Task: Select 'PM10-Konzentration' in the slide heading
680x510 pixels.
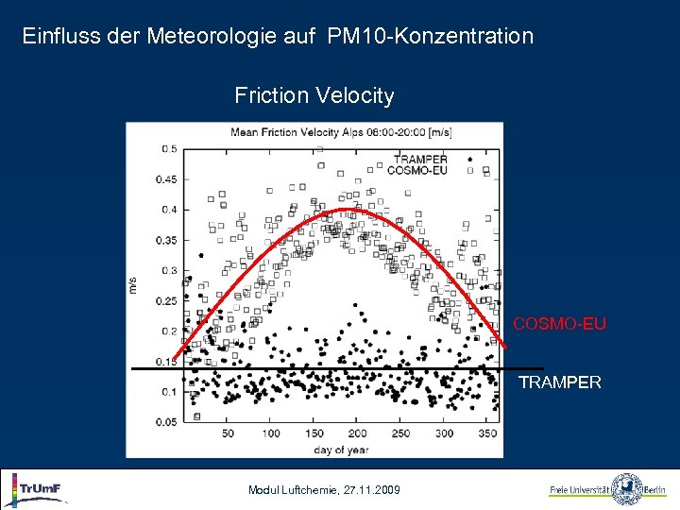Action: [431, 37]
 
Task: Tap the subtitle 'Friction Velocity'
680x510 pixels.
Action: [314, 95]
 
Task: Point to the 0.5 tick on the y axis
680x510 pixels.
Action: [168, 149]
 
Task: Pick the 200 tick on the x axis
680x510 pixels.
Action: [358, 433]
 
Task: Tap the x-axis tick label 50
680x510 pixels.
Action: [228, 433]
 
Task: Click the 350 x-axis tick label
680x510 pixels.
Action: [487, 433]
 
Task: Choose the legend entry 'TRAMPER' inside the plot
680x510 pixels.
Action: [419, 160]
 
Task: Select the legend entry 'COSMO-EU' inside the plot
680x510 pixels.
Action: [416, 170]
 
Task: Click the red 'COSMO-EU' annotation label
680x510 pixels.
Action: [559, 325]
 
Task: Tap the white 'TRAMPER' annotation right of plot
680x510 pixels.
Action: [559, 382]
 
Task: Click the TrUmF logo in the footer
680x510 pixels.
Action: [38, 489]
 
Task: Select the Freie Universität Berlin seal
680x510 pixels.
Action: [626, 489]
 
